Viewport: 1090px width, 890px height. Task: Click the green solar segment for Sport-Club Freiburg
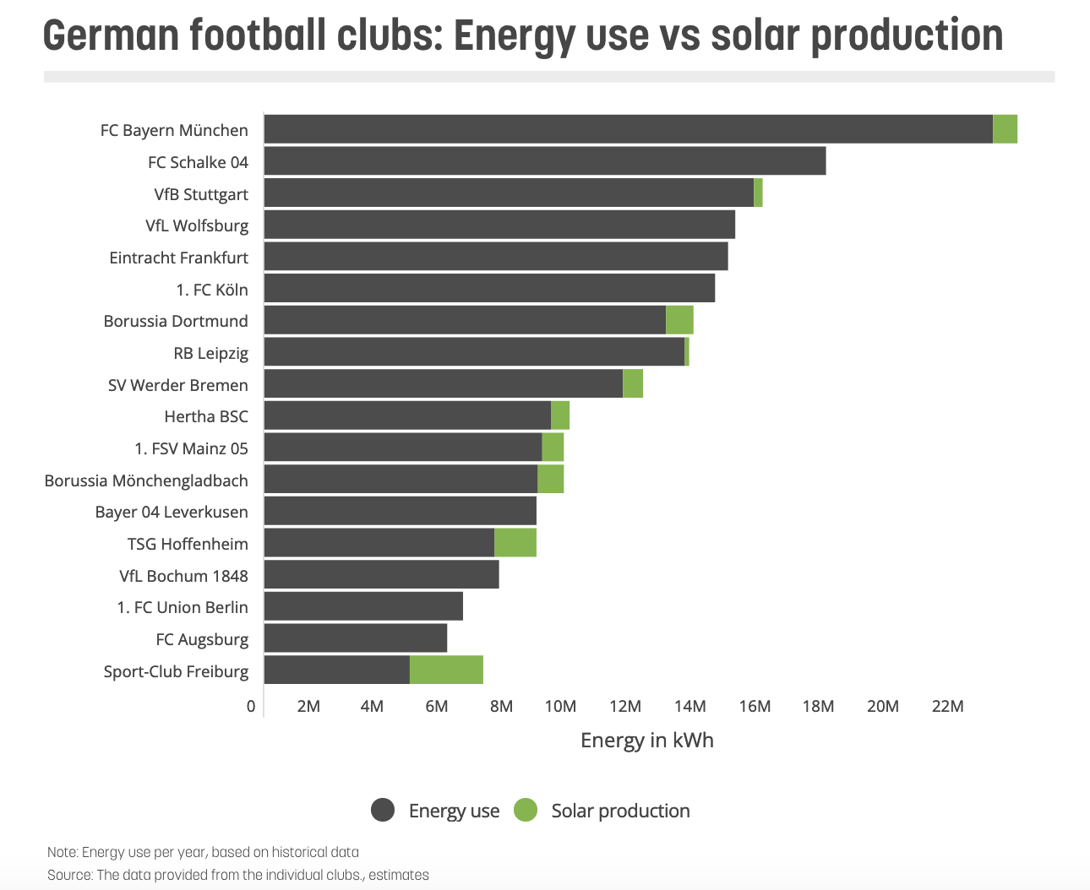pos(446,670)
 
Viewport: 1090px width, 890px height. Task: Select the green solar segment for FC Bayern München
pos(1005,129)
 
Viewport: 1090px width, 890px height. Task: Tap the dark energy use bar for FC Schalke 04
pos(545,161)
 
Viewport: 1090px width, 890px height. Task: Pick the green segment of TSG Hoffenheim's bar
pos(515,543)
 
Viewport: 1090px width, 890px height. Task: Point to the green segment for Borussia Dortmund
pos(679,320)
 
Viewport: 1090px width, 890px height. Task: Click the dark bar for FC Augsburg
pos(356,638)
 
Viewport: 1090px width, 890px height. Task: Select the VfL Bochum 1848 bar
pos(381,575)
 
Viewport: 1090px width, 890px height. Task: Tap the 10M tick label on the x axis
pos(560,707)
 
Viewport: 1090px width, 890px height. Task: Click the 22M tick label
pos(947,707)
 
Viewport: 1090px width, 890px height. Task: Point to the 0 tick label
pos(251,707)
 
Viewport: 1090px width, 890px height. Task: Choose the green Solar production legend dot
pos(526,811)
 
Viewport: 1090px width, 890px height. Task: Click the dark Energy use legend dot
pos(383,811)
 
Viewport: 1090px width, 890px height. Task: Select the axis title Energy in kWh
pos(647,741)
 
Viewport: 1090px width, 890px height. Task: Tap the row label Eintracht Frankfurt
pos(179,258)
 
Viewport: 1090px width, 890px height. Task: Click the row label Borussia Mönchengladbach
pos(146,480)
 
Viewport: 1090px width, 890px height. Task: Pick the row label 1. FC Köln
pos(212,290)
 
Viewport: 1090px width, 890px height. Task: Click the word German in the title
pos(111,36)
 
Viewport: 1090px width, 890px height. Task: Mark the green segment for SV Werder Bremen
pos(633,384)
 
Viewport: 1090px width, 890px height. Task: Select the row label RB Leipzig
pos(211,353)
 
